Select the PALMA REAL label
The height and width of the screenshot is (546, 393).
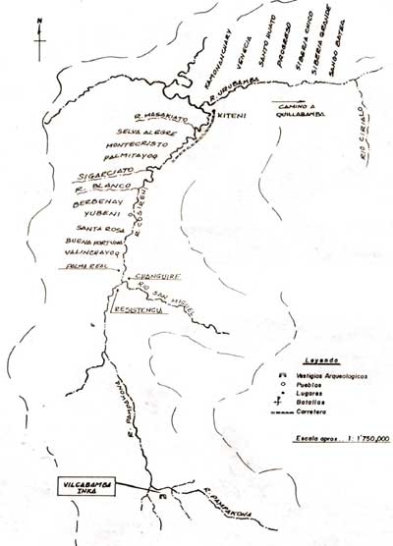click(85, 265)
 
